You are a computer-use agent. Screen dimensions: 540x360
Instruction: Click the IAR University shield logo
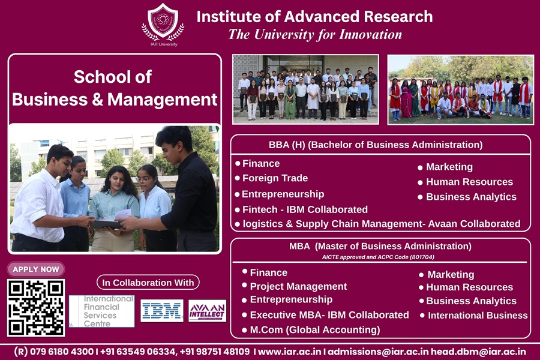click(163, 22)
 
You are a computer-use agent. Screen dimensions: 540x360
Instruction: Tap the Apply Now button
click(36, 269)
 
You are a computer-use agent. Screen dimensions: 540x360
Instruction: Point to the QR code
click(36, 308)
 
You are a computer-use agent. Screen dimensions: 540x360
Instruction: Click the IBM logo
click(162, 311)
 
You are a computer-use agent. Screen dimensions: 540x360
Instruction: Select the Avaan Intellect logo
click(208, 311)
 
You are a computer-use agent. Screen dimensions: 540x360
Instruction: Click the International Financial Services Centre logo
click(101, 311)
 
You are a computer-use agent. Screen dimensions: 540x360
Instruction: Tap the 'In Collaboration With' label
click(148, 283)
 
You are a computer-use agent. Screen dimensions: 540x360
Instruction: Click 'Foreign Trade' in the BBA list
click(275, 178)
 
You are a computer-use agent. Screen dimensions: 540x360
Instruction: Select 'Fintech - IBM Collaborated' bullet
click(305, 209)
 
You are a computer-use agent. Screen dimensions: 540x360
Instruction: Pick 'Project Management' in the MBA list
click(298, 286)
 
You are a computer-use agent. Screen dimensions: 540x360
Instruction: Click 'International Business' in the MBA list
click(478, 315)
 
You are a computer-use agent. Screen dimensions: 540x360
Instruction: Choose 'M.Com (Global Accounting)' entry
click(315, 330)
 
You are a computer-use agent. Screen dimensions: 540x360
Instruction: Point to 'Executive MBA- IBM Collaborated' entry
click(329, 315)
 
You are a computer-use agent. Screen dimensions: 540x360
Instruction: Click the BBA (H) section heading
click(376, 145)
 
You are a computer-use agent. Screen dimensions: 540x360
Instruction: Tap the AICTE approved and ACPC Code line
click(378, 257)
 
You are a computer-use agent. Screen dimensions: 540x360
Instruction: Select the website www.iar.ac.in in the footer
click(289, 352)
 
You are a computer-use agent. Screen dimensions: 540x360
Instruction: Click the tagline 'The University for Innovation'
click(315, 34)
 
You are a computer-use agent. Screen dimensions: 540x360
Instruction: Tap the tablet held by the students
click(106, 224)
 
